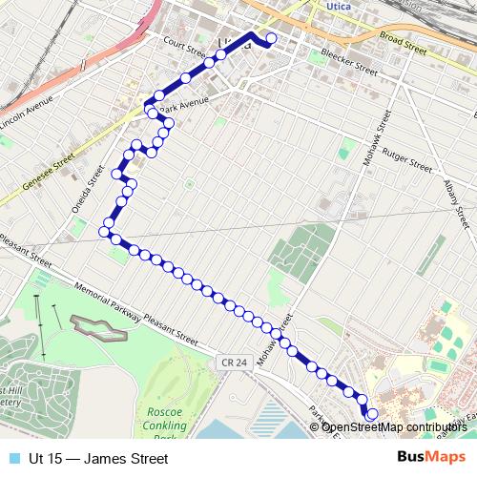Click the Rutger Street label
[406, 158]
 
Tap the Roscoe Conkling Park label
[172, 423]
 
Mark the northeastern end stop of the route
[271, 39]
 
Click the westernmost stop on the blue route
[105, 232]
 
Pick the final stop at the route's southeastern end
[371, 414]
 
